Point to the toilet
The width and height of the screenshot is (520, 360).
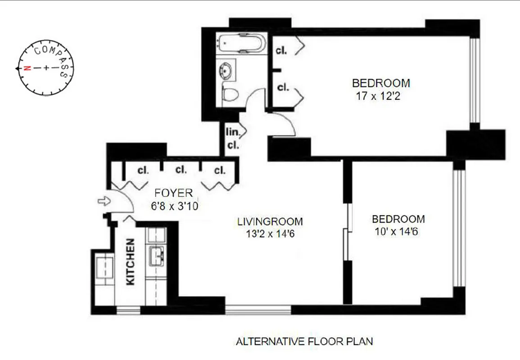230,95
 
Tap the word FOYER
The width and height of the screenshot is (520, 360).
173,193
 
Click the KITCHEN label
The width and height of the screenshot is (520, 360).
130,261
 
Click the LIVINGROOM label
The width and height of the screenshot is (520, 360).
270,221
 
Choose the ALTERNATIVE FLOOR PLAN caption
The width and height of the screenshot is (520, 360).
304,341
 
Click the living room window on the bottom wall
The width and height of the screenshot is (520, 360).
258,310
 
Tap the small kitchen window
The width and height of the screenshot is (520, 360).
128,310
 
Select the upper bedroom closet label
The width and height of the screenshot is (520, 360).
282,51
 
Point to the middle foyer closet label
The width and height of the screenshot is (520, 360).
181,170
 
